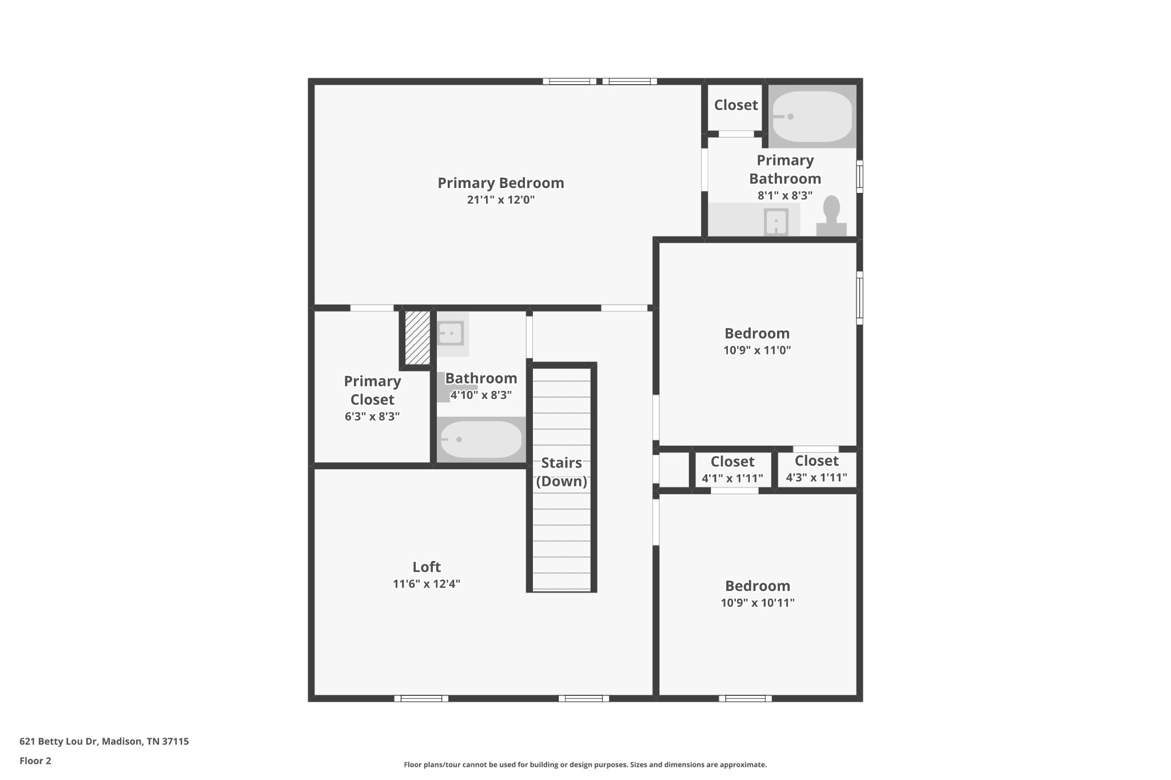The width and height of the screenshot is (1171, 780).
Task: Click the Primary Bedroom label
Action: click(x=501, y=183)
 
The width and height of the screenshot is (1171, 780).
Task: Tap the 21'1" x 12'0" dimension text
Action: click(x=501, y=200)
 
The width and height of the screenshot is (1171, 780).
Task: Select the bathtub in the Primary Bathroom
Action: click(x=812, y=117)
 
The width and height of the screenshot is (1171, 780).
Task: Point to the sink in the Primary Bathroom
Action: click(x=776, y=221)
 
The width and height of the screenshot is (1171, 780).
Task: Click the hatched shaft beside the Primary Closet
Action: click(x=417, y=337)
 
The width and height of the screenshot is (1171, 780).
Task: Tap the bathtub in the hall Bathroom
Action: click(x=481, y=439)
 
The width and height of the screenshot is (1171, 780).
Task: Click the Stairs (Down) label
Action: click(x=561, y=472)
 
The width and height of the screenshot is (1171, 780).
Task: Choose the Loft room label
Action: click(x=427, y=567)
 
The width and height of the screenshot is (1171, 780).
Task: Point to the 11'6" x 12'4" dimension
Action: click(x=427, y=584)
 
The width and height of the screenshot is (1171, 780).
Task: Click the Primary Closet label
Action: click(x=372, y=390)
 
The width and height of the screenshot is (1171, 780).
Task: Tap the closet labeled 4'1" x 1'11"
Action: click(x=732, y=470)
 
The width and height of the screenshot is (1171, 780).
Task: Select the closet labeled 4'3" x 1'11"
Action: click(x=816, y=469)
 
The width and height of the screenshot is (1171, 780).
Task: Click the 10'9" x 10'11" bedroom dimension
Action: click(x=758, y=603)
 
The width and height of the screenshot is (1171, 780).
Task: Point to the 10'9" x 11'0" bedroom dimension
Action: click(x=757, y=350)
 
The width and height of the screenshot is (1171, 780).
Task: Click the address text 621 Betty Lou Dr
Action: click(x=59, y=742)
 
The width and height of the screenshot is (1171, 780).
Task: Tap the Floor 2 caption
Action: click(x=35, y=761)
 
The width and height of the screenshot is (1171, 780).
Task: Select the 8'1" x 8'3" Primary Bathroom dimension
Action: click(x=785, y=195)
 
